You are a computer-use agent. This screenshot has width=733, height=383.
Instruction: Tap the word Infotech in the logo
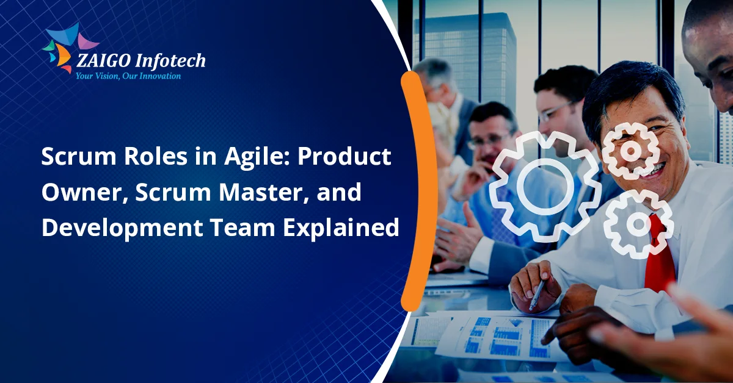pyautogui.click(x=171, y=61)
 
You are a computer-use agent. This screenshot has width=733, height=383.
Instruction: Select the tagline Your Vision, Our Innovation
pyautogui.click(x=128, y=76)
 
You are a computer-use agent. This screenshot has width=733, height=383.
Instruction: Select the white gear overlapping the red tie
pyautogui.click(x=638, y=224)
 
